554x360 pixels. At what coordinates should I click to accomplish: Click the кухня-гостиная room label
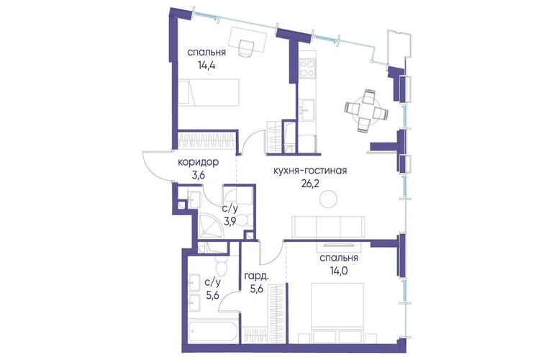(x=310, y=171)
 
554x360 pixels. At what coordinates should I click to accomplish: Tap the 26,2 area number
(x=310, y=184)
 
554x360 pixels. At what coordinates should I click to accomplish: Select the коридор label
(x=198, y=162)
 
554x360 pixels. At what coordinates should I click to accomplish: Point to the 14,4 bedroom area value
(x=207, y=66)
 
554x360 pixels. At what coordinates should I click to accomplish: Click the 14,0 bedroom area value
(x=338, y=271)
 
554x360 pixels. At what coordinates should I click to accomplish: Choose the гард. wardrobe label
(x=257, y=276)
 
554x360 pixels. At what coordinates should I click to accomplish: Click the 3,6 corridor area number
(x=198, y=176)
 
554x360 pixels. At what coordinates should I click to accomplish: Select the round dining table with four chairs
(x=366, y=110)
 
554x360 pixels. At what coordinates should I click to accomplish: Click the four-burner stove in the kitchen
(x=307, y=68)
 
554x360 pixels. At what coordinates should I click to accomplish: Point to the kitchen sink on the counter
(x=306, y=110)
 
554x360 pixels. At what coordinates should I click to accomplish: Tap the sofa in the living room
(x=327, y=227)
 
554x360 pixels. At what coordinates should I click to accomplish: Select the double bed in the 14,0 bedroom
(x=337, y=312)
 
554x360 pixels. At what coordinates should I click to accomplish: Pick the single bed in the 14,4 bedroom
(x=209, y=92)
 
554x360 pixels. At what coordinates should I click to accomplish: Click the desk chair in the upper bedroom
(x=246, y=48)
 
